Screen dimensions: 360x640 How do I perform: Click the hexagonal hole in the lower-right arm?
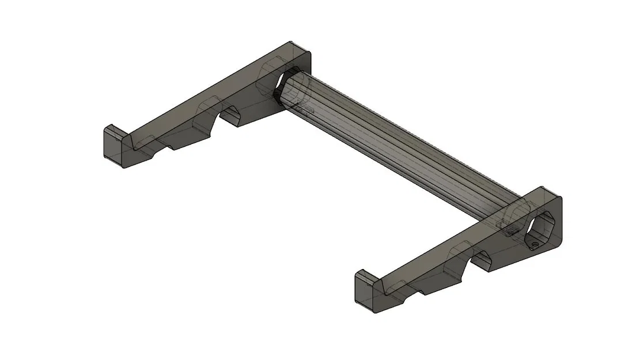click(x=541, y=228)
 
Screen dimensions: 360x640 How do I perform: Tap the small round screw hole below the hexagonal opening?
click(x=536, y=246)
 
